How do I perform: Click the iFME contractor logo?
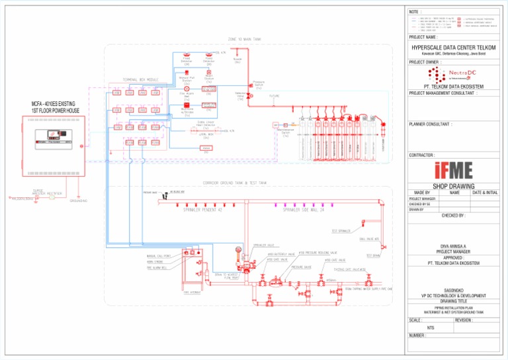(x=453, y=169)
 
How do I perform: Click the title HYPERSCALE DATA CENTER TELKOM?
(x=453, y=48)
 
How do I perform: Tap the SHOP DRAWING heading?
(x=453, y=187)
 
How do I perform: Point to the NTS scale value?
(x=431, y=328)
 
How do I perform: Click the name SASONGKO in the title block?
(x=454, y=289)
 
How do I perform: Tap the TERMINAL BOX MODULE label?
(x=140, y=80)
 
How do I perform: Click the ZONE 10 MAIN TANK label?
(x=245, y=39)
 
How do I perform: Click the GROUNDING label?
(x=80, y=202)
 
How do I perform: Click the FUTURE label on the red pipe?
(x=274, y=96)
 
